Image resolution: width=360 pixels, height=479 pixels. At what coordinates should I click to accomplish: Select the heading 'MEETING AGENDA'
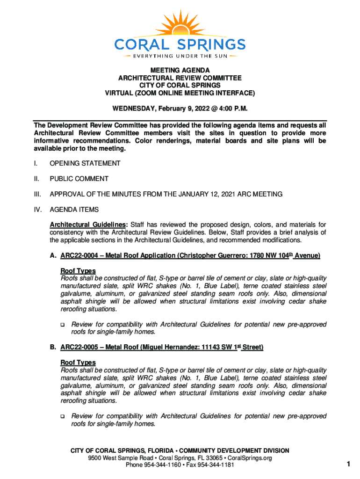click(x=180, y=70)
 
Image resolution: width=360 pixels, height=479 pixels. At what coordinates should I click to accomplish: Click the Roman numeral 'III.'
click(x=37, y=194)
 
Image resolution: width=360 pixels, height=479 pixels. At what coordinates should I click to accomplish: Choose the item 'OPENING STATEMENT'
click(x=85, y=163)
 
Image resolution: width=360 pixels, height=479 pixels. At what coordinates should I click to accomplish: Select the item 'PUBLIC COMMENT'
click(x=79, y=179)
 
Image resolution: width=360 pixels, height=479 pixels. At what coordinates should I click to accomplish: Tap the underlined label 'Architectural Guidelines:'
click(x=86, y=225)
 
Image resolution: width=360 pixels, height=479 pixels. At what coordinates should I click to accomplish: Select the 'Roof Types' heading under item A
click(x=78, y=271)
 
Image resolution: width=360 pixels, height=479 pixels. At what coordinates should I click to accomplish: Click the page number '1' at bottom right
click(x=348, y=464)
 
